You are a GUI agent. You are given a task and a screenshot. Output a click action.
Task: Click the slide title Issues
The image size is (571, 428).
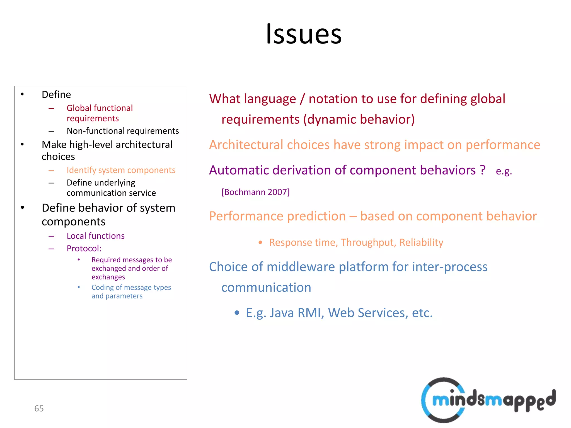click(x=304, y=34)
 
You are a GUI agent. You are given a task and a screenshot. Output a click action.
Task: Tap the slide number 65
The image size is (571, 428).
click(x=39, y=408)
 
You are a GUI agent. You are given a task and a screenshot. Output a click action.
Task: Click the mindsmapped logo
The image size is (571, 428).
click(x=488, y=400)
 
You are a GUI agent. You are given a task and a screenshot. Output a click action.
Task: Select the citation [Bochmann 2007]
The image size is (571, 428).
click(x=255, y=192)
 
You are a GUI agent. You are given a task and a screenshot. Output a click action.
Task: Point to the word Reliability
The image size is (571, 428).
click(x=421, y=242)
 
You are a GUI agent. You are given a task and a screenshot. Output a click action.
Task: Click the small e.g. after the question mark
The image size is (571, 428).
click(x=504, y=171)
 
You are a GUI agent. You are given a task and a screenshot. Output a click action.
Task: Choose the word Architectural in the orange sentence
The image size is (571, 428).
click(x=246, y=145)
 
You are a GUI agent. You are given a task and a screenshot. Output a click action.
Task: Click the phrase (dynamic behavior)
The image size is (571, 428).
click(x=359, y=119)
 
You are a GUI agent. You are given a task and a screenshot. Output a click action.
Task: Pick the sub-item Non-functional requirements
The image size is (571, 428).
click(x=123, y=131)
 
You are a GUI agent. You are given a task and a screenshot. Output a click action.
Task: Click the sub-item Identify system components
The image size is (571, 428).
click(x=121, y=170)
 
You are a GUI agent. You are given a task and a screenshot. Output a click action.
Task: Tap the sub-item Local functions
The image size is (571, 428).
click(x=95, y=236)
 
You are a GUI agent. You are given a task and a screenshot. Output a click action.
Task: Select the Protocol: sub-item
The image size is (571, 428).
click(x=84, y=248)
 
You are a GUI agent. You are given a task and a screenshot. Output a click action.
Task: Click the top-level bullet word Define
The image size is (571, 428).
click(x=56, y=94)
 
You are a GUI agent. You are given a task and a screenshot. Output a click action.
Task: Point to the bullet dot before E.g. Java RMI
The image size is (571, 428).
click(x=237, y=313)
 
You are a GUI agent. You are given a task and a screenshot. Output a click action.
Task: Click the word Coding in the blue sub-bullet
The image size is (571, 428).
click(x=102, y=287)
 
